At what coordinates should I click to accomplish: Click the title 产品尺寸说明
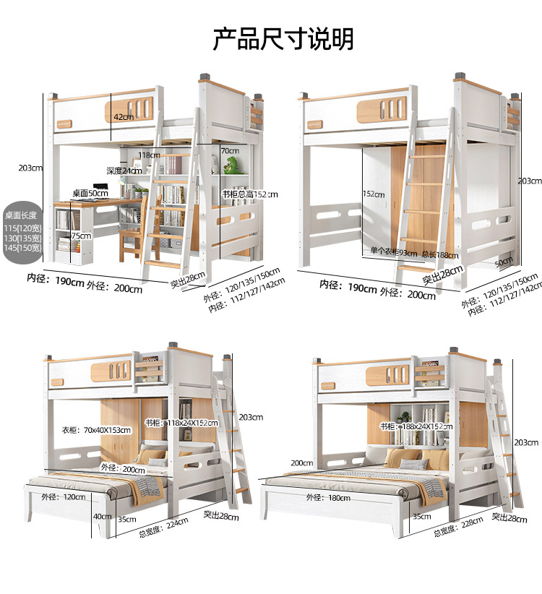(283, 38)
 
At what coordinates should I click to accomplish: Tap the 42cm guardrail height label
(124, 116)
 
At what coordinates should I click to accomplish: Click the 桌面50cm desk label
(90, 194)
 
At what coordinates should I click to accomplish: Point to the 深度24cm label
(124, 171)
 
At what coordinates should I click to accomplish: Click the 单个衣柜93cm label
(393, 251)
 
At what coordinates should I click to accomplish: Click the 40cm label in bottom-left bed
(102, 516)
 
